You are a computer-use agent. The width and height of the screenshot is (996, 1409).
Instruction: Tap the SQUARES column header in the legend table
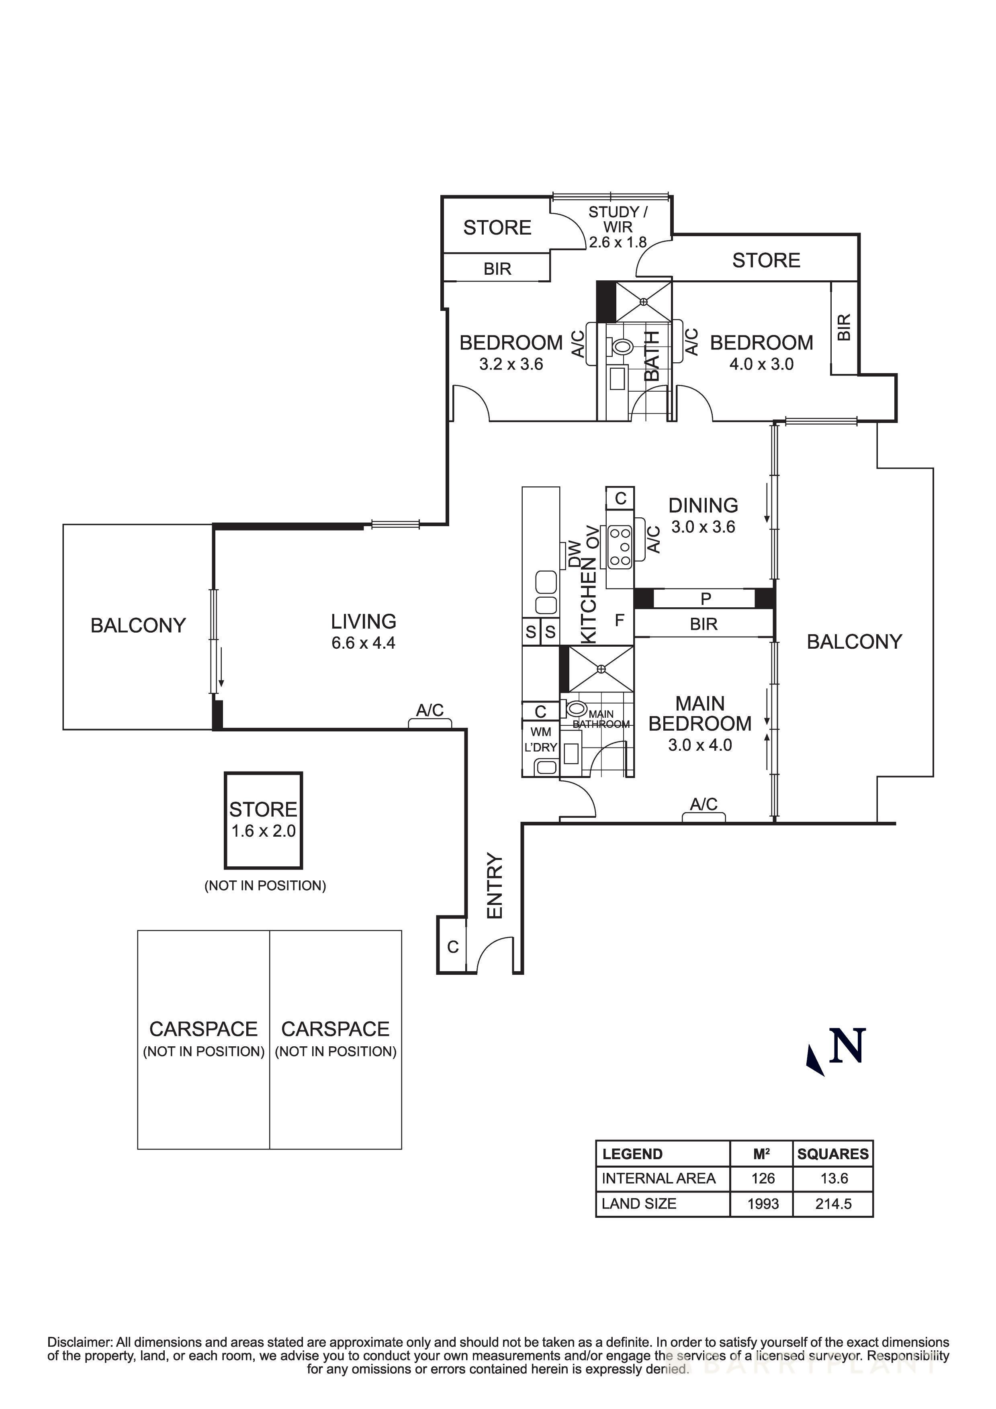[833, 1154]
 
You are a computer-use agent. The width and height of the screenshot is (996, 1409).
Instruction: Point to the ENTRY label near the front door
[495, 886]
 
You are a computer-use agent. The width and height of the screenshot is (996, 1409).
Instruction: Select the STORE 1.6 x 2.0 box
[263, 820]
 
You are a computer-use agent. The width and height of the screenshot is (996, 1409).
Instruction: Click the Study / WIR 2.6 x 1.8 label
[618, 227]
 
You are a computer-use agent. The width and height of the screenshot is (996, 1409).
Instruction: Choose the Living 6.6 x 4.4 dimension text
[363, 643]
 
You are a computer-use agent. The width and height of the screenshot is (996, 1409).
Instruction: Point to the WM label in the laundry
[541, 731]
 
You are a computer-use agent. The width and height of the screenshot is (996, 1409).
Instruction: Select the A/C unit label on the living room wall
[429, 710]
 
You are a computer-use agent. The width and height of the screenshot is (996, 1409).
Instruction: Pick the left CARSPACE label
[203, 1029]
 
